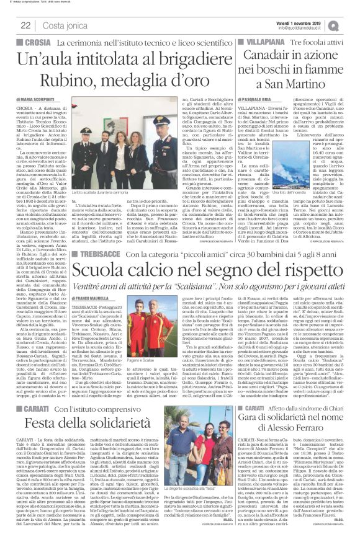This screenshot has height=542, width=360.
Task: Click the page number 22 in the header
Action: (x=26, y=25)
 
